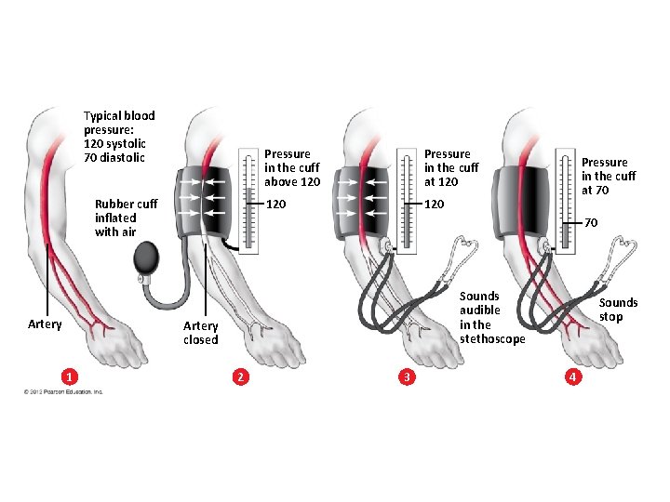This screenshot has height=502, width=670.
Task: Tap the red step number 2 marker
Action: (241, 376)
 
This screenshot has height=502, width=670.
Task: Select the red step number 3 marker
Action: (406, 376)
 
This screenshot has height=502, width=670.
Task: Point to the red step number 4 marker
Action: (574, 376)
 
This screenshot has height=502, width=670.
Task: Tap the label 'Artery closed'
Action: (200, 333)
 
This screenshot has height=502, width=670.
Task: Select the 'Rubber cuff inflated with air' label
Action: (126, 218)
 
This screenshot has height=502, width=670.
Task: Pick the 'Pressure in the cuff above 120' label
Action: (293, 167)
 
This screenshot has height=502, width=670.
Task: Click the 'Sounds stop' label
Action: (618, 310)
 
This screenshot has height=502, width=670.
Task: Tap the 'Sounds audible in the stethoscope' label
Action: (492, 317)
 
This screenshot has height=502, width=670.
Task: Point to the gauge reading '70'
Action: (591, 223)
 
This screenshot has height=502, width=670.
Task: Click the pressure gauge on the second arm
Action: (248, 201)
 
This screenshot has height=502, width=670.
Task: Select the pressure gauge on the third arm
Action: (407, 201)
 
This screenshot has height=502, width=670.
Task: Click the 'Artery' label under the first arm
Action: (45, 324)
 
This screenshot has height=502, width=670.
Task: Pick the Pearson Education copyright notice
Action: (64, 391)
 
